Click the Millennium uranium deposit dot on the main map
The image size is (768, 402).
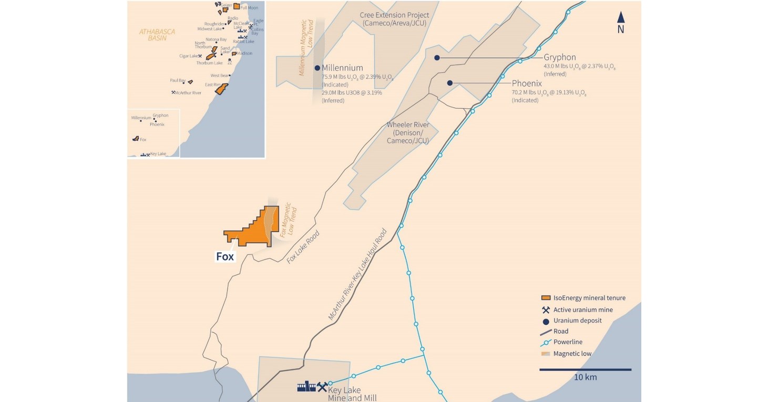(317, 68)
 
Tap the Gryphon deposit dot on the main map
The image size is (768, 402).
(437, 58)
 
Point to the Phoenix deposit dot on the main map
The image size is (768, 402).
(450, 83)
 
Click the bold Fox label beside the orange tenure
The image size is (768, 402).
(225, 257)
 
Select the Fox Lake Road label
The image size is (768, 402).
(303, 247)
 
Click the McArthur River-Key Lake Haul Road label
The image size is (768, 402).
(357, 274)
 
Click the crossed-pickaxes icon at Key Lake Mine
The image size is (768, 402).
(322, 387)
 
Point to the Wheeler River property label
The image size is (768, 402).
(407, 133)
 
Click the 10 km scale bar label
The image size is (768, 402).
(585, 377)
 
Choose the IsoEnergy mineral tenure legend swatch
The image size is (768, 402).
(546, 298)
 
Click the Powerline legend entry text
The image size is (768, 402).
(568, 342)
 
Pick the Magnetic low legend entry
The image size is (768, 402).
(572, 354)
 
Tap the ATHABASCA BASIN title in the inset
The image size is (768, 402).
(157, 35)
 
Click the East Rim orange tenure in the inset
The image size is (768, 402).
(221, 89)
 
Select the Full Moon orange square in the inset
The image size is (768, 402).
(237, 6)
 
